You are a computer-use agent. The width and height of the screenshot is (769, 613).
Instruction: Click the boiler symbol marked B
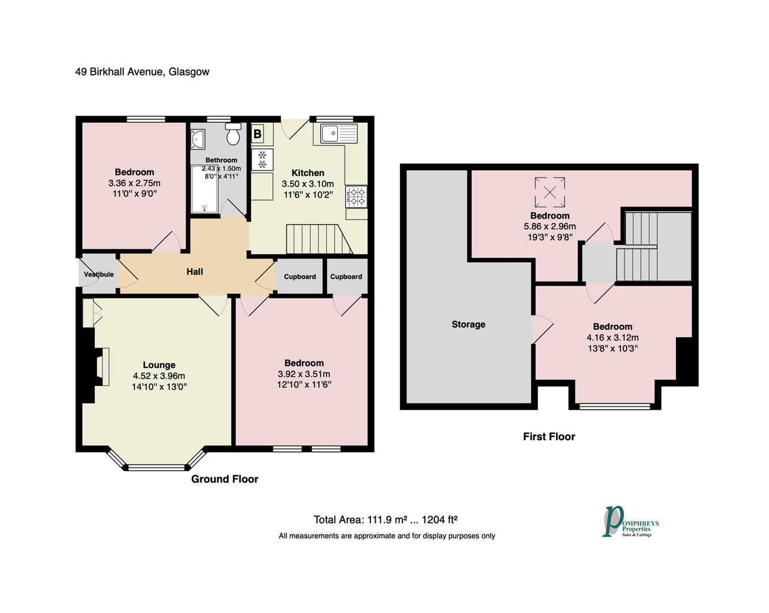pyautogui.click(x=257, y=134)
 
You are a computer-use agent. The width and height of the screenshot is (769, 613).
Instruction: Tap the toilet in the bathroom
pyautogui.click(x=233, y=135)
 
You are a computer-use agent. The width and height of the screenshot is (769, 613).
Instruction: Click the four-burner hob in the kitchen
pyautogui.click(x=356, y=196)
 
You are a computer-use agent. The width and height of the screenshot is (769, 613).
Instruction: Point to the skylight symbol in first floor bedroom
pyautogui.click(x=549, y=192)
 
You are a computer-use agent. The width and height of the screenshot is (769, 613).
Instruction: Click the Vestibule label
pyautogui.click(x=99, y=274)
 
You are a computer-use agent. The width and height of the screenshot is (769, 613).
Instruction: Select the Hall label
pyautogui.click(x=195, y=272)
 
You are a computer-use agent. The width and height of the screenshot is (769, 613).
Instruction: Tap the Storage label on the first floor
pyautogui.click(x=468, y=325)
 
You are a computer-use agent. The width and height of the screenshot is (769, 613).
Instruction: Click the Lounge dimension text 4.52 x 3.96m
pyautogui.click(x=159, y=376)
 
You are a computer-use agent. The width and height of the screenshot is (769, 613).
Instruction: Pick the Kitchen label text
pyautogui.click(x=308, y=173)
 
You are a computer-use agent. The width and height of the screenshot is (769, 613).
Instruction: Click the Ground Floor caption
pyautogui.click(x=225, y=479)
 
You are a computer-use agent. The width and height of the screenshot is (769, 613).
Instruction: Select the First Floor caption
pyautogui.click(x=549, y=436)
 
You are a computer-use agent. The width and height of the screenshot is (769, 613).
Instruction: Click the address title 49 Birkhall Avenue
pyautogui.click(x=142, y=72)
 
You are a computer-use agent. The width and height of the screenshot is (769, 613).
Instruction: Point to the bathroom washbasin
pyautogui.click(x=198, y=138)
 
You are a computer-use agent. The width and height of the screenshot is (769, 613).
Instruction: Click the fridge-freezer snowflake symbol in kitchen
pyautogui.click(x=262, y=159)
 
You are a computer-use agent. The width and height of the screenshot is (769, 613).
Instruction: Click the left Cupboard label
pyautogui.click(x=300, y=277)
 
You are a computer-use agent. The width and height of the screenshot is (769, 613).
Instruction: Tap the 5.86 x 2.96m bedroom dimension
pyautogui.click(x=549, y=226)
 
